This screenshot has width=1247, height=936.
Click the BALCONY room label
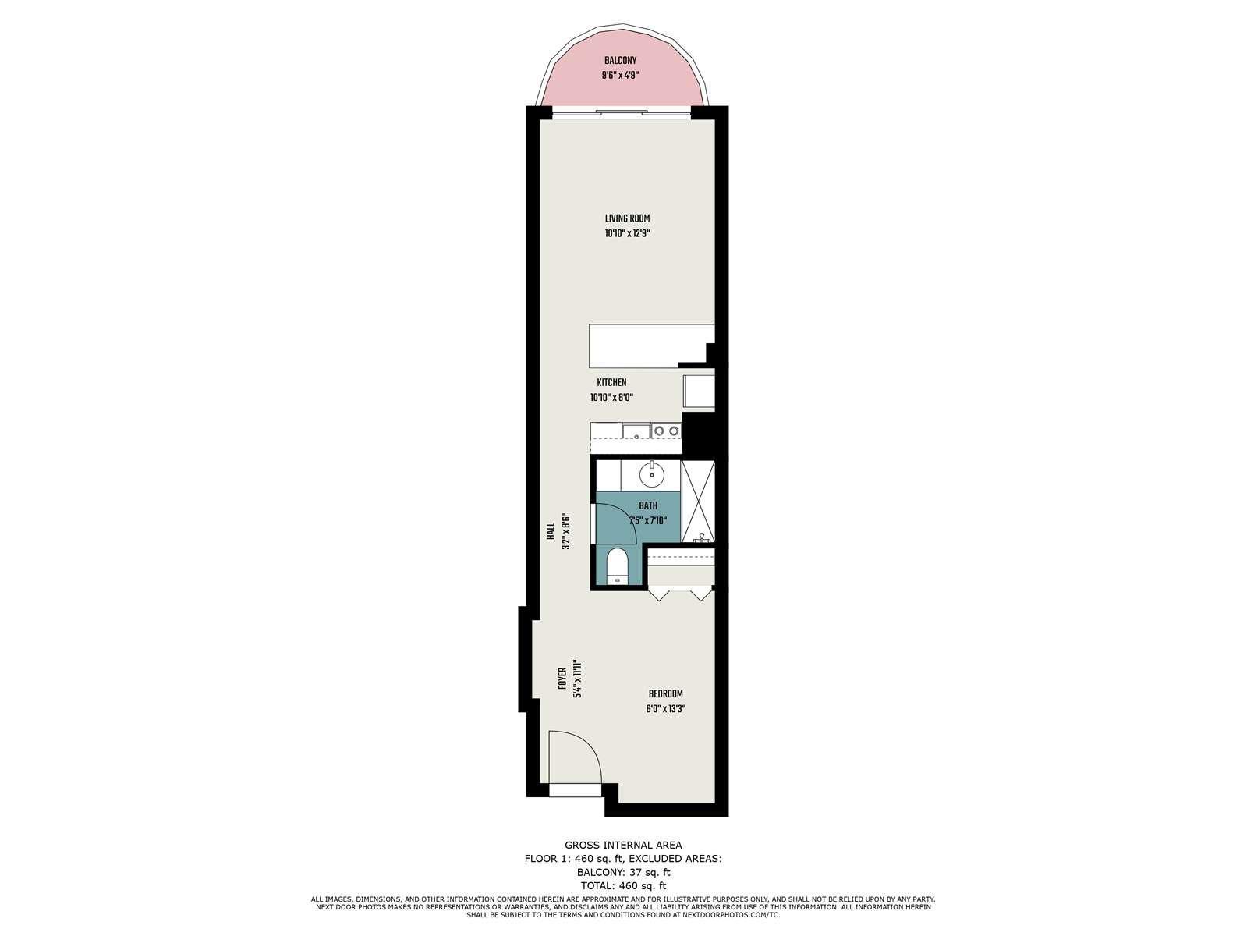(x=620, y=61)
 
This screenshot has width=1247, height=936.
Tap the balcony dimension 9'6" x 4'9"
(x=620, y=75)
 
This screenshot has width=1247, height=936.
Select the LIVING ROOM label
(x=627, y=218)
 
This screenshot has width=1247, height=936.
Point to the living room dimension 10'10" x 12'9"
(x=627, y=233)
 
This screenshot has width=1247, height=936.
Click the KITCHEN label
(x=611, y=382)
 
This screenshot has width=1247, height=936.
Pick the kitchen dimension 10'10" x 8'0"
(x=611, y=398)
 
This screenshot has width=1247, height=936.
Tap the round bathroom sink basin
(x=652, y=474)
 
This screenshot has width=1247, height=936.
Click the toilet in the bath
(x=617, y=566)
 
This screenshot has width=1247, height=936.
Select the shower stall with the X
(x=698, y=501)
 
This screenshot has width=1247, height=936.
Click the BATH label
(x=647, y=505)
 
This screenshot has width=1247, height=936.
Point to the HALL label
(x=550, y=532)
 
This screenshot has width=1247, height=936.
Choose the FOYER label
(x=562, y=679)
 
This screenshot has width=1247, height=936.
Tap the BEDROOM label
(x=665, y=694)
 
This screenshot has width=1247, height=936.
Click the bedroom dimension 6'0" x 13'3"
(x=665, y=709)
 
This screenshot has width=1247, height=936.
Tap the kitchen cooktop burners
(x=666, y=431)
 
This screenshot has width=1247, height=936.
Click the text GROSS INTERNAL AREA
(x=623, y=845)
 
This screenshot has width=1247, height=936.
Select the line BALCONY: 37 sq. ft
(x=623, y=872)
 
